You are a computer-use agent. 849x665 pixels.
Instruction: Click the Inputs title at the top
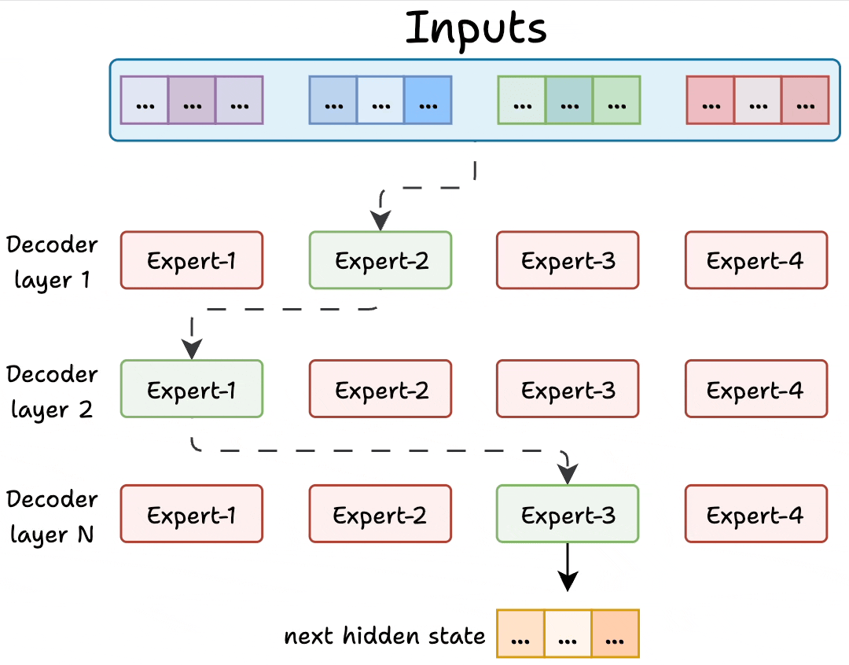[476, 28]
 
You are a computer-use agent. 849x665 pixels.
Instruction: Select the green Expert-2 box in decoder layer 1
[380, 260]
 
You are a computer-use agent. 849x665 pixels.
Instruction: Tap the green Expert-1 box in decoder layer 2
[191, 389]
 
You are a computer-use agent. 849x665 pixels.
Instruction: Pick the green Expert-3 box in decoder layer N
[568, 514]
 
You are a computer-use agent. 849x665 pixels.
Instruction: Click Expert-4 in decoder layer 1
[755, 260]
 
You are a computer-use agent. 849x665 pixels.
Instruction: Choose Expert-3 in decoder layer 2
[568, 389]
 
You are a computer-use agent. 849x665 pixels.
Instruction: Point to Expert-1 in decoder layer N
[191, 514]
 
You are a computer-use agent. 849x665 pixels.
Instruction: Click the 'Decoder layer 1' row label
[52, 262]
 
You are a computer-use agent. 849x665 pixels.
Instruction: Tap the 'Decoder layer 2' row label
[52, 391]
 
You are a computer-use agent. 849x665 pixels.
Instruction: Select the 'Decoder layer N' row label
[52, 516]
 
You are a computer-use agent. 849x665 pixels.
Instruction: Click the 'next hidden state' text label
[384, 635]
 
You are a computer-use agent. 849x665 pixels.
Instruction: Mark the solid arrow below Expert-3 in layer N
[568, 568]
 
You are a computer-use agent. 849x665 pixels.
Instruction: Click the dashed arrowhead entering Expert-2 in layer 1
[381, 221]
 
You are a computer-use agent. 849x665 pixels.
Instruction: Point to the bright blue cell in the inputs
[428, 100]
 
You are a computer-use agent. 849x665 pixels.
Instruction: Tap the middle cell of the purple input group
[191, 100]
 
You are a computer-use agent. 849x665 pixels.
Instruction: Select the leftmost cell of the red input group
[710, 100]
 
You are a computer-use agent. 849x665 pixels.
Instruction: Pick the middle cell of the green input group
[568, 100]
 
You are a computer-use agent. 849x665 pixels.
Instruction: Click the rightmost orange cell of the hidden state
[615, 634]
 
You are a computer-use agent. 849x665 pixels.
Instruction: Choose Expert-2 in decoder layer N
[380, 514]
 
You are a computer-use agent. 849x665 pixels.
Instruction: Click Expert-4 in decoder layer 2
[755, 389]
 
